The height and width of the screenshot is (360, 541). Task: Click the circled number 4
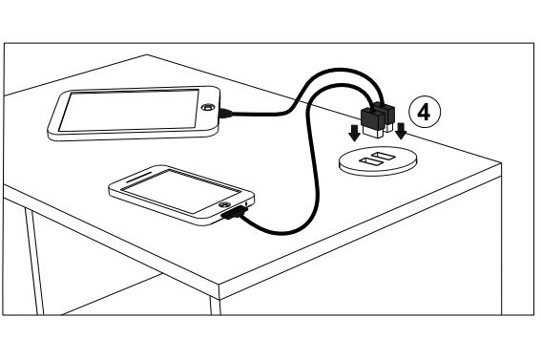tap(425, 112)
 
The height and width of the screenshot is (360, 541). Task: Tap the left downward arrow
tap(354, 133)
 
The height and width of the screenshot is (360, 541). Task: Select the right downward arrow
tap(401, 131)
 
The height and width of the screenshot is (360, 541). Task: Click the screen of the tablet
tap(130, 110)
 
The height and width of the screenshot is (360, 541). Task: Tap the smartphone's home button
tap(224, 204)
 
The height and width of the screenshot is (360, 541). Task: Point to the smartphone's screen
tap(181, 191)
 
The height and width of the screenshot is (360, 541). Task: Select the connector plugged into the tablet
tap(225, 113)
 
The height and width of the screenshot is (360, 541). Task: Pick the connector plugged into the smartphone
tap(235, 214)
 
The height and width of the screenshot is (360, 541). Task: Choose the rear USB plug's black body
tap(385, 111)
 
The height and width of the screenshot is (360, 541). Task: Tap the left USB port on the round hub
tap(370, 161)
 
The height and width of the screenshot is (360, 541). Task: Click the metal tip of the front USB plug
tap(373, 132)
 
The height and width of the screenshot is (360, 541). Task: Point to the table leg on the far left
tap(34, 262)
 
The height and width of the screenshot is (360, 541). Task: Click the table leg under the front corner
tap(216, 306)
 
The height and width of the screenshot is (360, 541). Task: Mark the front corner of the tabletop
tap(219, 286)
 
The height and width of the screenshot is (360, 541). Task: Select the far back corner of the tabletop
tap(147, 54)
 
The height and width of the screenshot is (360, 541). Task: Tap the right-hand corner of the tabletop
tap(501, 163)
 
